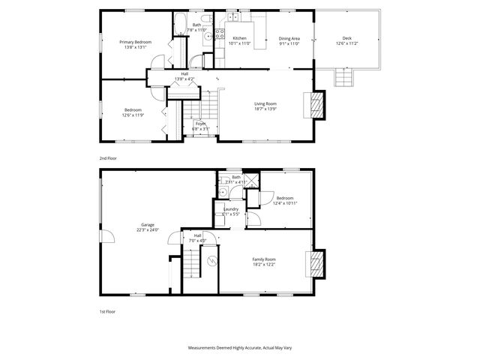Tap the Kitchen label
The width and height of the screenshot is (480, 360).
pyautogui.click(x=239, y=37)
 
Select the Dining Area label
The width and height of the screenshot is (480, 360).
pyautogui.click(x=289, y=38)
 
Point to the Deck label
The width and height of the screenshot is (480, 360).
pyautogui.click(x=346, y=38)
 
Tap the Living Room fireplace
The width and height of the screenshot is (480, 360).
pyautogui.click(x=317, y=105)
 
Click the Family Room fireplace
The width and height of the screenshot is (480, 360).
pyautogui.click(x=317, y=264)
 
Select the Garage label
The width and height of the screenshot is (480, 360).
pyautogui.click(x=147, y=225)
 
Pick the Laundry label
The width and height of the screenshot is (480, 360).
pyautogui.click(x=231, y=209)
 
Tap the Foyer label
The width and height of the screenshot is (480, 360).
pyautogui.click(x=200, y=124)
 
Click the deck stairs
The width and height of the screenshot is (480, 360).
pyautogui.click(x=344, y=77)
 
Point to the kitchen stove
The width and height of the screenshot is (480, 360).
pyautogui.click(x=220, y=33)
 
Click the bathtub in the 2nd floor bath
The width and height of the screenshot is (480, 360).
pyautogui.click(x=181, y=24)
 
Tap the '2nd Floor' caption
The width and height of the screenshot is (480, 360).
pyautogui.click(x=108, y=158)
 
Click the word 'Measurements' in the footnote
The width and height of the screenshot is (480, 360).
pyautogui.click(x=203, y=349)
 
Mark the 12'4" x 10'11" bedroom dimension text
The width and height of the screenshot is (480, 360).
pyautogui.click(x=285, y=203)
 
